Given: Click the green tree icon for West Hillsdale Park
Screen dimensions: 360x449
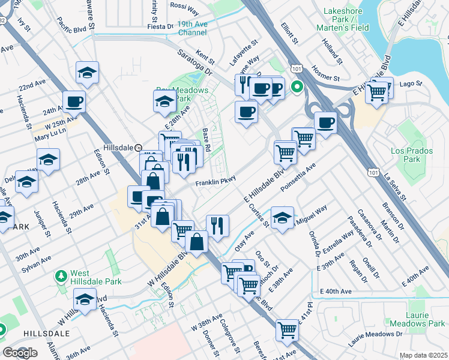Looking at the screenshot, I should click(61, 277).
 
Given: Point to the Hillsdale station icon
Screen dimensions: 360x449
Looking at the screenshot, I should click(137, 148).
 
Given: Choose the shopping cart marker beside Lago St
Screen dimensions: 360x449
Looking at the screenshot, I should click(377, 92).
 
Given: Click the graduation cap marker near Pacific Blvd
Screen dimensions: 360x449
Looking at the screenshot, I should click(88, 73).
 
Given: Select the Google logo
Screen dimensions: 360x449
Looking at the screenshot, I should click(20, 352).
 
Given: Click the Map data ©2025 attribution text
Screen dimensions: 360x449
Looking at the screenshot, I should click(423, 355).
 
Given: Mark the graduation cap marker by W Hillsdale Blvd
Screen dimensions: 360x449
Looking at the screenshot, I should click(85, 299).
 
